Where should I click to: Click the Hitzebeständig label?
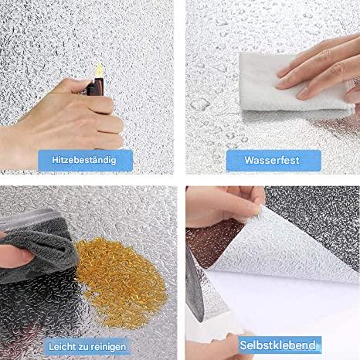coord(85,161)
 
